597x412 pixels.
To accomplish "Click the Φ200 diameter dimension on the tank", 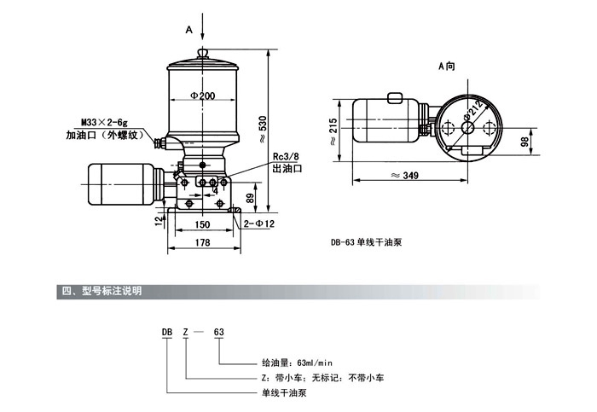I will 202,96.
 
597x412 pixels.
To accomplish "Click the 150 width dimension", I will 201,224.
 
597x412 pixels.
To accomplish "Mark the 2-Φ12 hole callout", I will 258,224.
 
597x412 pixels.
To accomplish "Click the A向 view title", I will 447,66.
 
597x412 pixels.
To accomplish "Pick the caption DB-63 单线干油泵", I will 367,241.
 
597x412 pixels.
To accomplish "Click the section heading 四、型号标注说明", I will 101,291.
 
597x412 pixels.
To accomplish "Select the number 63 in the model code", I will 218,332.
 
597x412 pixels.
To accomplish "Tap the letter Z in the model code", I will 186,332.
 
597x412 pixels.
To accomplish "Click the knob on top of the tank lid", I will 203,52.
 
